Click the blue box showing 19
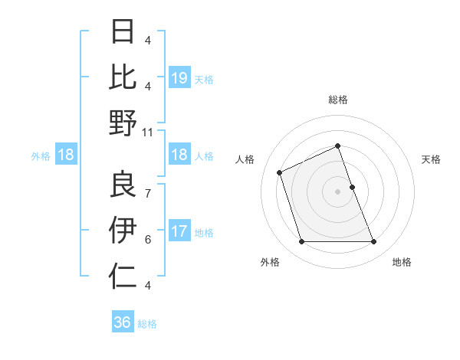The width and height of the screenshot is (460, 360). [179, 77]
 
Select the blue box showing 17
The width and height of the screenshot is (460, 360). [179, 231]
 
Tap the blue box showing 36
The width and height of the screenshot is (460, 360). [123, 322]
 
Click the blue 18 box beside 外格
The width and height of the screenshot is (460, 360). [66, 155]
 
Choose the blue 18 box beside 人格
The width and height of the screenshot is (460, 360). [179, 155]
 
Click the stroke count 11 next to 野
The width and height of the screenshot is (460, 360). [148, 132]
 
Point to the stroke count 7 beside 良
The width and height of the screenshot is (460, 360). [148, 186]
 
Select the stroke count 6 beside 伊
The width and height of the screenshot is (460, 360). [148, 240]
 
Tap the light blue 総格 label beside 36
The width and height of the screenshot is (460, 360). [147, 323]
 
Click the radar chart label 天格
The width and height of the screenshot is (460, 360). [431, 159]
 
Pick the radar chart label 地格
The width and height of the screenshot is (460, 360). [402, 262]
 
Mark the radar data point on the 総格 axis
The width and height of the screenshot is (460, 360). [337, 146]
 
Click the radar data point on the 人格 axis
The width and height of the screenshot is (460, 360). [281, 172]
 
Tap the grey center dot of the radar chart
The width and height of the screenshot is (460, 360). [337, 191]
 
